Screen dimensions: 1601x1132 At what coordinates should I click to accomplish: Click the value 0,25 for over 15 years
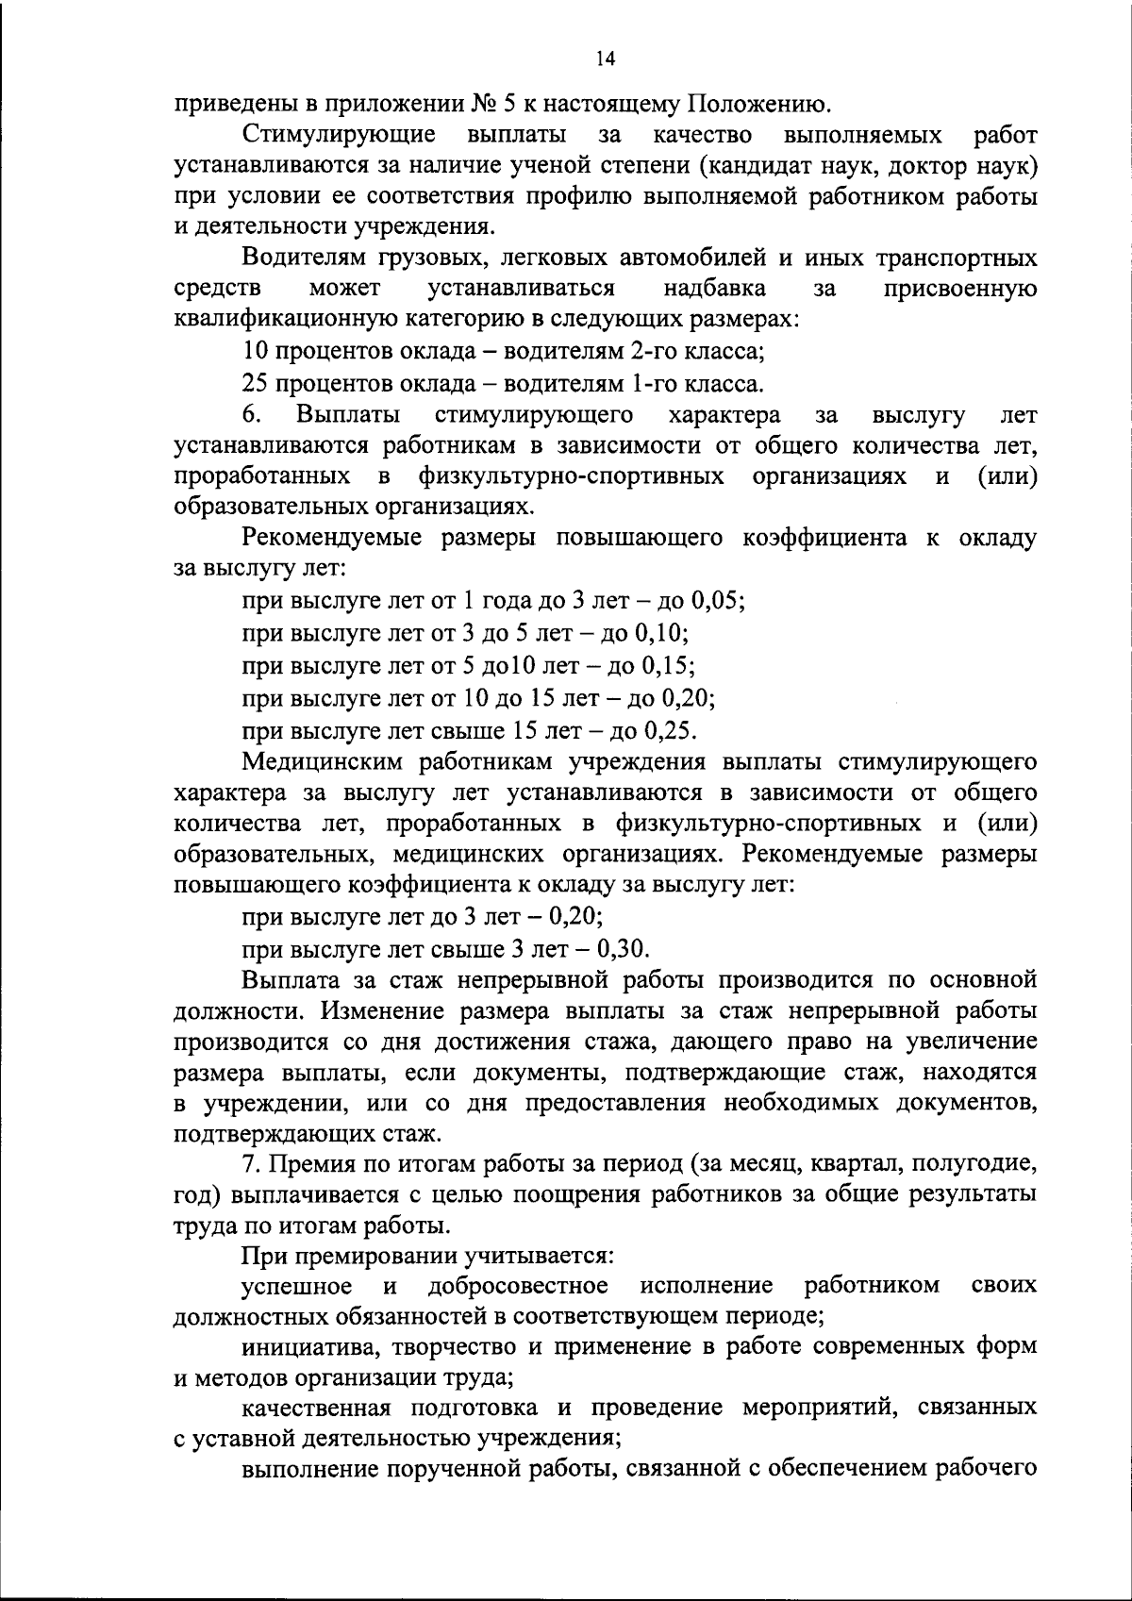[668, 730]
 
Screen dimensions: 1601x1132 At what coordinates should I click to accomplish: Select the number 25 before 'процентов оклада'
[257, 384]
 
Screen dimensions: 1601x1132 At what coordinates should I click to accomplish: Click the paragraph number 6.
[250, 415]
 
